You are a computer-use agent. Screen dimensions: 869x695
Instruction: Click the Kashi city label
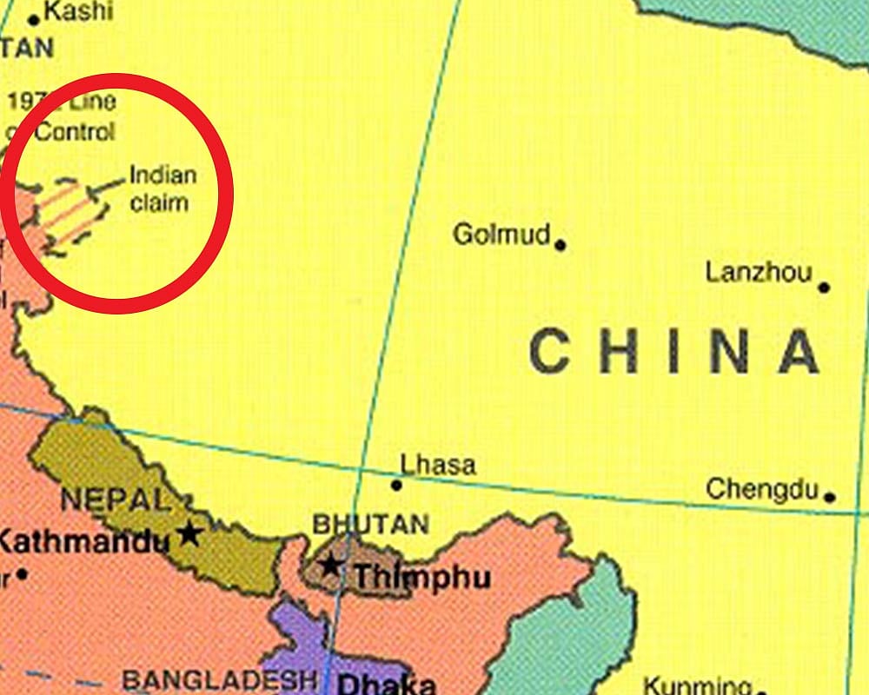tap(78, 11)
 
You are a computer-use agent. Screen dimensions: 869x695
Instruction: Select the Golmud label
tap(502, 234)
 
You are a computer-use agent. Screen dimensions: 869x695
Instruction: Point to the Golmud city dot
tap(561, 245)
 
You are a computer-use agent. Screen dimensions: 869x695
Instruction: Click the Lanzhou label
tap(758, 273)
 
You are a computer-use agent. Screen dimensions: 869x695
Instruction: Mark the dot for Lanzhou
tap(824, 287)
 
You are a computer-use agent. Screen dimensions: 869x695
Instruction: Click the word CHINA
tap(674, 352)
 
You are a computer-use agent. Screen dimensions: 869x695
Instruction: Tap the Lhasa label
tap(438, 465)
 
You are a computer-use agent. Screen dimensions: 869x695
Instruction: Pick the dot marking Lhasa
tap(396, 485)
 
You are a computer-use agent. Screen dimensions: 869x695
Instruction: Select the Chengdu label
tap(762, 489)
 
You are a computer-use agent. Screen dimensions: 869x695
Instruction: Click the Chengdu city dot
tap(830, 497)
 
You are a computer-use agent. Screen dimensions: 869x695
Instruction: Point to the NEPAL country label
tap(113, 500)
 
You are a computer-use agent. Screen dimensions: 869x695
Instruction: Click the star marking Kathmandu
tap(189, 533)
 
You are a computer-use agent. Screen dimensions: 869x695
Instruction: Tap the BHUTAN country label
tap(371, 525)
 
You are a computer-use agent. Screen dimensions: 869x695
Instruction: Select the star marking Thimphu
tap(330, 565)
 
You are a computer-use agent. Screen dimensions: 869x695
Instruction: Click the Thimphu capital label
tap(422, 577)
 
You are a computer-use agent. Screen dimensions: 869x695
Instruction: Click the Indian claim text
tap(163, 189)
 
